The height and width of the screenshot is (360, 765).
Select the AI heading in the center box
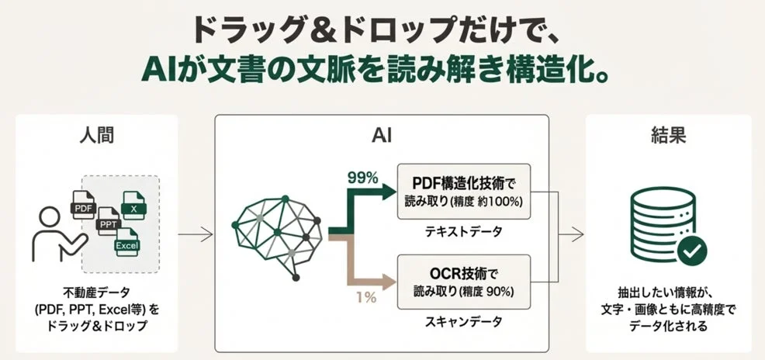pos(382,136)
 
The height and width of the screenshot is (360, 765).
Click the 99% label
pos(362,178)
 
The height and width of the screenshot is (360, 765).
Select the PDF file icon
pos(85,204)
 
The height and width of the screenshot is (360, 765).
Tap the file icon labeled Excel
pos(126,243)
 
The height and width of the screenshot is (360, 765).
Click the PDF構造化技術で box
pos(463,190)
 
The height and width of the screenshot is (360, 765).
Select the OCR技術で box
pos(463,281)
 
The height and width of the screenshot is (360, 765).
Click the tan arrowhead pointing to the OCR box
pos(389,280)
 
